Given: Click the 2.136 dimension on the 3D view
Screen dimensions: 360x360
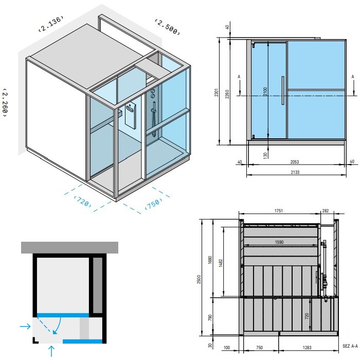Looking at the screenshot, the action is (x=51, y=24).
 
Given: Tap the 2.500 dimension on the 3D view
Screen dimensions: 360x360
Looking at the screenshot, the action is (x=167, y=27).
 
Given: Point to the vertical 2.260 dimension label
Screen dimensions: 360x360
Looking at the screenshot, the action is (x=5, y=102).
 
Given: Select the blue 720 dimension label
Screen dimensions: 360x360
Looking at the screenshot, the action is (x=83, y=202).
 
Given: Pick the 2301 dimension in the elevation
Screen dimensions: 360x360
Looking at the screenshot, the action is (x=217, y=92).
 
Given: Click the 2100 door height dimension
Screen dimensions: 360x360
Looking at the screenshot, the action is (x=265, y=92).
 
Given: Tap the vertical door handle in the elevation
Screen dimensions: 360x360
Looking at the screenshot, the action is (x=283, y=91).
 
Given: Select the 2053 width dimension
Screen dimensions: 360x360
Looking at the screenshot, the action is (x=295, y=162).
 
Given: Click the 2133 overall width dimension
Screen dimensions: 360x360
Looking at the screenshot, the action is (x=295, y=172).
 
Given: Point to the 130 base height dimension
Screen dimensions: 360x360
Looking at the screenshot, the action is (x=265, y=155).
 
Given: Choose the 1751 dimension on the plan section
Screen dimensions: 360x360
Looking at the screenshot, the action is (x=279, y=211).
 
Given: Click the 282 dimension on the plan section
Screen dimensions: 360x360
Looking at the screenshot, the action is (x=326, y=210).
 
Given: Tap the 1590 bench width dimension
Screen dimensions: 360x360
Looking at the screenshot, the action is (x=279, y=242).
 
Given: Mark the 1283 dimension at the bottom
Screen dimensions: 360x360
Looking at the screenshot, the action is (x=307, y=348).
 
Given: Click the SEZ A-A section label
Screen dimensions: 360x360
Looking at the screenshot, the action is (x=350, y=346).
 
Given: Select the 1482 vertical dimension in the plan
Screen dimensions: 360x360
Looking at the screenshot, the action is (x=221, y=263).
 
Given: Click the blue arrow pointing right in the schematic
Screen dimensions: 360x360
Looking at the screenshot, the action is (x=25, y=326).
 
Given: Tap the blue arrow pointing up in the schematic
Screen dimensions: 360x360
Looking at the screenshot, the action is (x=51, y=351).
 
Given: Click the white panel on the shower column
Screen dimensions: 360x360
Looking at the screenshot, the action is (x=131, y=118).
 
